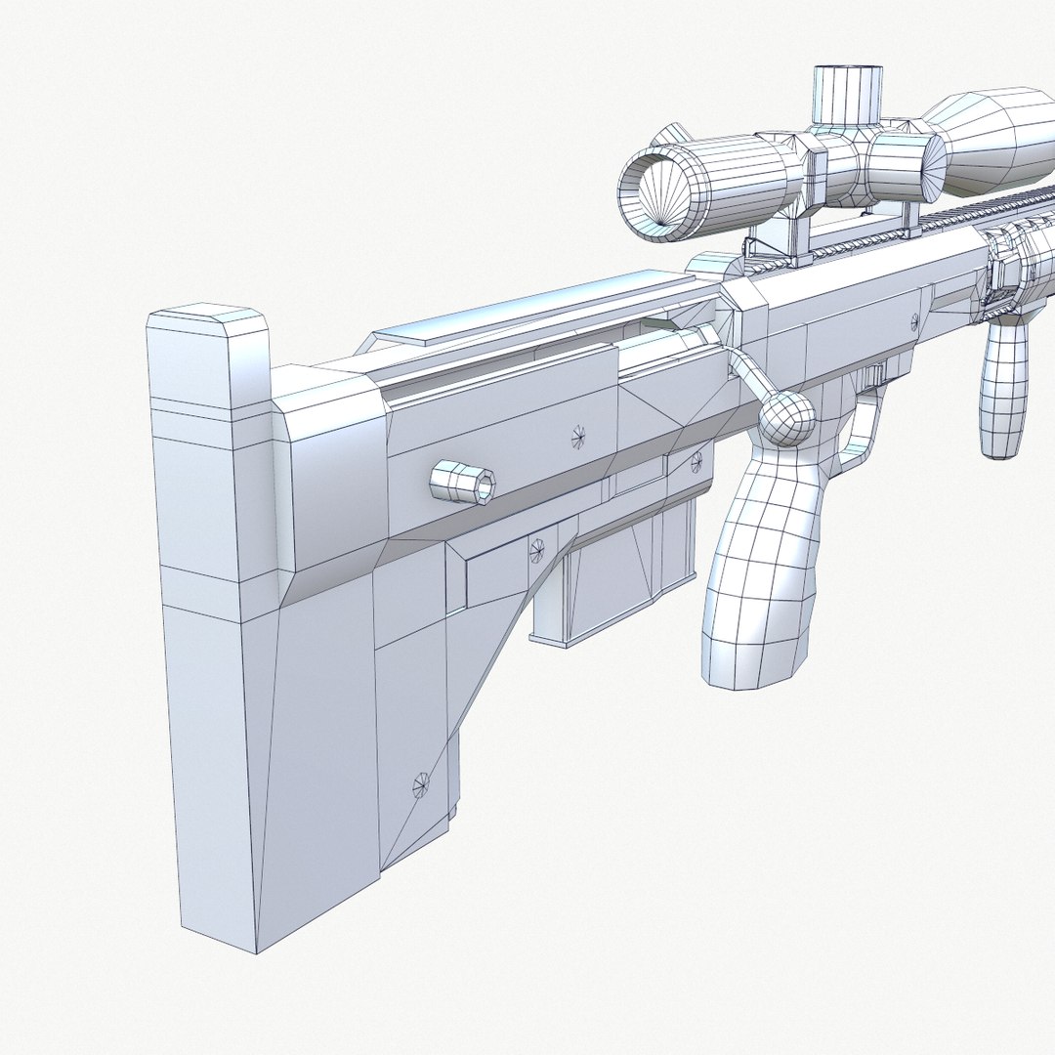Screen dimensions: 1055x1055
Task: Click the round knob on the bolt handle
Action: coord(786,420)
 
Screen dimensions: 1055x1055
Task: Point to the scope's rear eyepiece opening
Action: coord(656,195)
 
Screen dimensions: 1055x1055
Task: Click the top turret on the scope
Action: coord(847,93)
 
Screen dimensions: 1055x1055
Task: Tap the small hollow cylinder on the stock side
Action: coord(463,482)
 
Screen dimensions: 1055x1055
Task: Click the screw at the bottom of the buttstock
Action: coord(421,783)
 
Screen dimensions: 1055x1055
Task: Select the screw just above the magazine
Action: coord(536,551)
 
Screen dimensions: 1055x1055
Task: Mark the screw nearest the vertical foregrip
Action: coord(914,319)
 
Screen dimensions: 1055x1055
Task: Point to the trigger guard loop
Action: coord(860,430)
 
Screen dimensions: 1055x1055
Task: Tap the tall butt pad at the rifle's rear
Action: coord(210,625)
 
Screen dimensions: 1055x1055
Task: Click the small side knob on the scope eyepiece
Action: coord(671,134)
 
